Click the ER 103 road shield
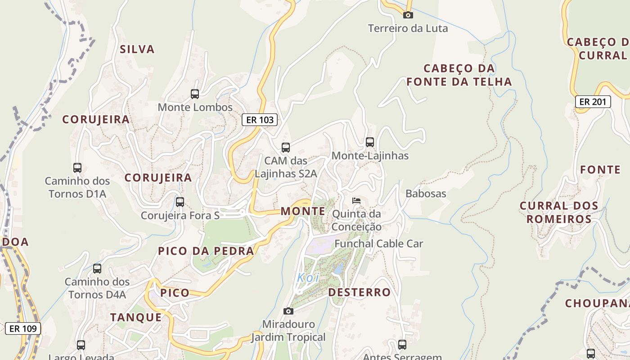click(x=260, y=120)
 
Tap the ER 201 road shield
click(x=593, y=102)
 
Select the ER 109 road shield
click(x=23, y=328)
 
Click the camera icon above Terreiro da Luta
click(x=408, y=15)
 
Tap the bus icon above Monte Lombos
click(x=195, y=94)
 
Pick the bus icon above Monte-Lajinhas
click(x=370, y=142)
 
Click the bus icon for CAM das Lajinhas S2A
click(x=285, y=148)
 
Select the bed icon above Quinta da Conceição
click(x=356, y=200)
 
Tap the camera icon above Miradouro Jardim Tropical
click(x=288, y=311)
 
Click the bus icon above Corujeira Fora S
click(x=180, y=202)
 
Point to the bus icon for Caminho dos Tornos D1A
click(x=77, y=168)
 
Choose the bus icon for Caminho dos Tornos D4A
click(x=97, y=269)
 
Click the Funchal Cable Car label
click(x=379, y=243)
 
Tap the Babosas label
click(x=426, y=193)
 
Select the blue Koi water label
click(x=308, y=278)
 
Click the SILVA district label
click(x=137, y=49)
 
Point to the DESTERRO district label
click(x=359, y=292)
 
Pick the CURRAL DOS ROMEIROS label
click(x=559, y=212)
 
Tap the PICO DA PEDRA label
click(x=206, y=251)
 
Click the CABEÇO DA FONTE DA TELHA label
click(x=459, y=75)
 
